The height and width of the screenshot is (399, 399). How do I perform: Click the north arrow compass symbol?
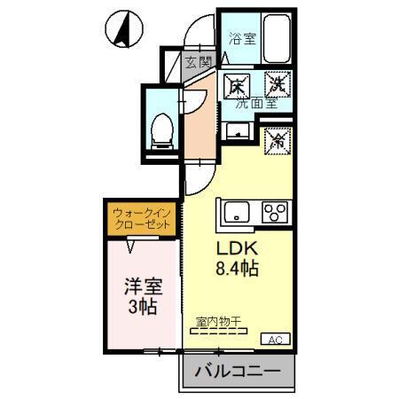click(121, 30)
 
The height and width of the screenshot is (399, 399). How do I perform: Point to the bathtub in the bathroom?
click(278, 39)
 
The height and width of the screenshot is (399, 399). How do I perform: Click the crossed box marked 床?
click(237, 87)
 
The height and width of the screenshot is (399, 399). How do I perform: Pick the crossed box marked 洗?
click(277, 87)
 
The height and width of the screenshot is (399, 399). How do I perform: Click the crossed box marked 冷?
click(277, 140)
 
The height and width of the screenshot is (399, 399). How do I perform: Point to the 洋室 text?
click(139, 289)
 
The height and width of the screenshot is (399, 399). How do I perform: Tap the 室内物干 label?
click(221, 324)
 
